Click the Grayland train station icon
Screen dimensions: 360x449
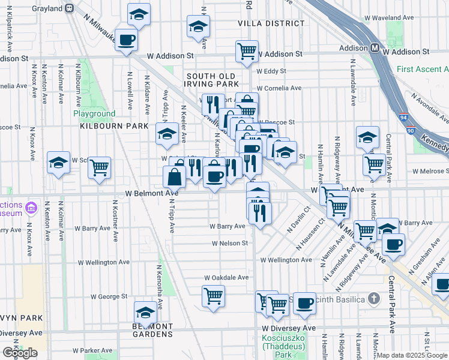click(x=70, y=8)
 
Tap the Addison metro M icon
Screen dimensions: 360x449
click(x=373, y=47)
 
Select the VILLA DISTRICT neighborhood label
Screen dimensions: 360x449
click(x=271, y=23)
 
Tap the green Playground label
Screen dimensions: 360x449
click(x=94, y=113)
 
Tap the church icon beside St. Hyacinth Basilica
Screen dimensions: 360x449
click(x=373, y=298)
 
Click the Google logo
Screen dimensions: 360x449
click(x=20, y=353)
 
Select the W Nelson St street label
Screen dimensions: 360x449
click(x=230, y=243)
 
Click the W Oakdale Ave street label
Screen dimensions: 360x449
click(x=226, y=278)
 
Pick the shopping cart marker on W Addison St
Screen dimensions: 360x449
click(x=247, y=50)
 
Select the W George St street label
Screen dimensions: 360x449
click(x=109, y=296)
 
